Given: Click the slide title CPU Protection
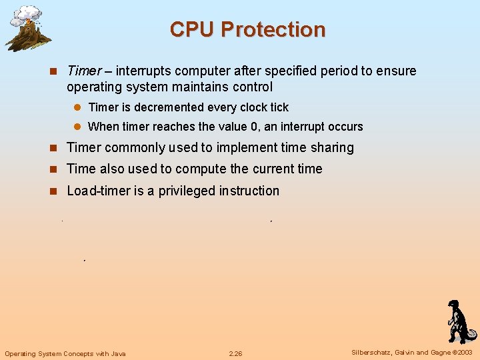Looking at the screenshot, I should (x=247, y=30).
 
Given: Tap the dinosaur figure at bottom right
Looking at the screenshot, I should (x=459, y=321).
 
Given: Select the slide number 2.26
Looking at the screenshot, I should (x=236, y=353).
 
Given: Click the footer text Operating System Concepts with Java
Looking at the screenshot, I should (x=65, y=353).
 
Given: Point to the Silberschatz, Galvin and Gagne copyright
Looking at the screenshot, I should (x=411, y=353).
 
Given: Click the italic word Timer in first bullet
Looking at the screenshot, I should (x=84, y=71).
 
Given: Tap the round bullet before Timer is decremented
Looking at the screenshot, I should (x=77, y=107).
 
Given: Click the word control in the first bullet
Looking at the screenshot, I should (x=249, y=87).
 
